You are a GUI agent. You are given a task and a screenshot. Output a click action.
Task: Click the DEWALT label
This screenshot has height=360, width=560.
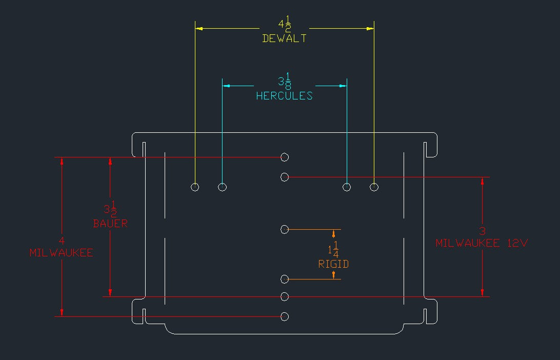point(284,38)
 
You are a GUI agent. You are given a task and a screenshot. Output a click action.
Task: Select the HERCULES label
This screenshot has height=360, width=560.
point(284,96)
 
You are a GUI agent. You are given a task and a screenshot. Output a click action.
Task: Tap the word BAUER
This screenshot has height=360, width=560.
point(110,224)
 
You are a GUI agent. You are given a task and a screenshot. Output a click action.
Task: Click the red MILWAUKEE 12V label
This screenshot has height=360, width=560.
point(482,244)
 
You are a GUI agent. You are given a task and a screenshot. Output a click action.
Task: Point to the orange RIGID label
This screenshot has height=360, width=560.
point(333,264)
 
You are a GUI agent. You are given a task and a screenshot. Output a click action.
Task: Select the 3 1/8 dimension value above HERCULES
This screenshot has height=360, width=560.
point(285,82)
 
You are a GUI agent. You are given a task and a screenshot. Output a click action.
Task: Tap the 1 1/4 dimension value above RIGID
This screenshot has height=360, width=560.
point(333,250)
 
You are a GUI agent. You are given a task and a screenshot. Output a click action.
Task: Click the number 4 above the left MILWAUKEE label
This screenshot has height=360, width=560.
point(62,241)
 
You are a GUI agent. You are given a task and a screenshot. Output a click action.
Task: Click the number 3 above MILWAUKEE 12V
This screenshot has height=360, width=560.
point(482,231)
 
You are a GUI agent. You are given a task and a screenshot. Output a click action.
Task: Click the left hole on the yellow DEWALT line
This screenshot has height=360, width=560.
point(195,187)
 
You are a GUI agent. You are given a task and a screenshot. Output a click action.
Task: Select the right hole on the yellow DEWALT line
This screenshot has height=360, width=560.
point(374,187)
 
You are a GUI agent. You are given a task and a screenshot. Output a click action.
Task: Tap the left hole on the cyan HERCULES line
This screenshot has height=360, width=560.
point(222,187)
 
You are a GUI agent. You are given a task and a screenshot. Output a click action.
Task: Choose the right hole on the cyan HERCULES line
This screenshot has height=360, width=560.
point(347,187)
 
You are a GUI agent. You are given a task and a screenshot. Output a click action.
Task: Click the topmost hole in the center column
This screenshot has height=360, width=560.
point(285,157)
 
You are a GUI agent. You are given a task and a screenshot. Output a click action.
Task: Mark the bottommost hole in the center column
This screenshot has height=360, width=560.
point(285,316)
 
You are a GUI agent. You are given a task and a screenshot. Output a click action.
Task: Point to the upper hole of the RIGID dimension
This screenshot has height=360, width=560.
point(285,229)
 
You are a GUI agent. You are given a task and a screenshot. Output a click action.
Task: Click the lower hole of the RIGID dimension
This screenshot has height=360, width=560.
point(285,279)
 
